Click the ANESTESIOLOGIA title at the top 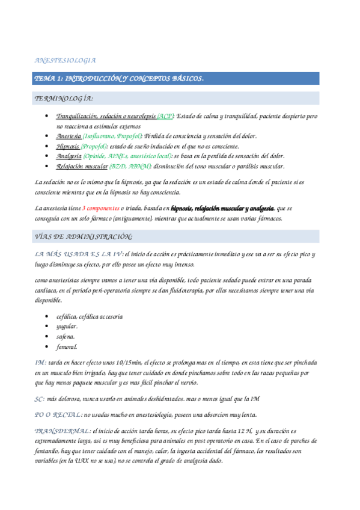click(66, 61)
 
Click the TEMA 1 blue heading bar click(120, 79)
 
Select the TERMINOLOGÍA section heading click(64, 98)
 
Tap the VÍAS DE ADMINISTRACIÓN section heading click(84, 237)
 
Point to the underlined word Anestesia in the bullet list click(69, 137)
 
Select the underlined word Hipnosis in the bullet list click(68, 146)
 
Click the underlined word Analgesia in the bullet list click(69, 156)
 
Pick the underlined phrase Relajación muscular click(82, 166)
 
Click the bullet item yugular click(67, 326)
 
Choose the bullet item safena click(65, 336)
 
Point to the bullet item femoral click(67, 346)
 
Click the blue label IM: click(41, 363)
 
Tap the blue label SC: click(40, 399)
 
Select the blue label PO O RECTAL click(58, 415)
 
